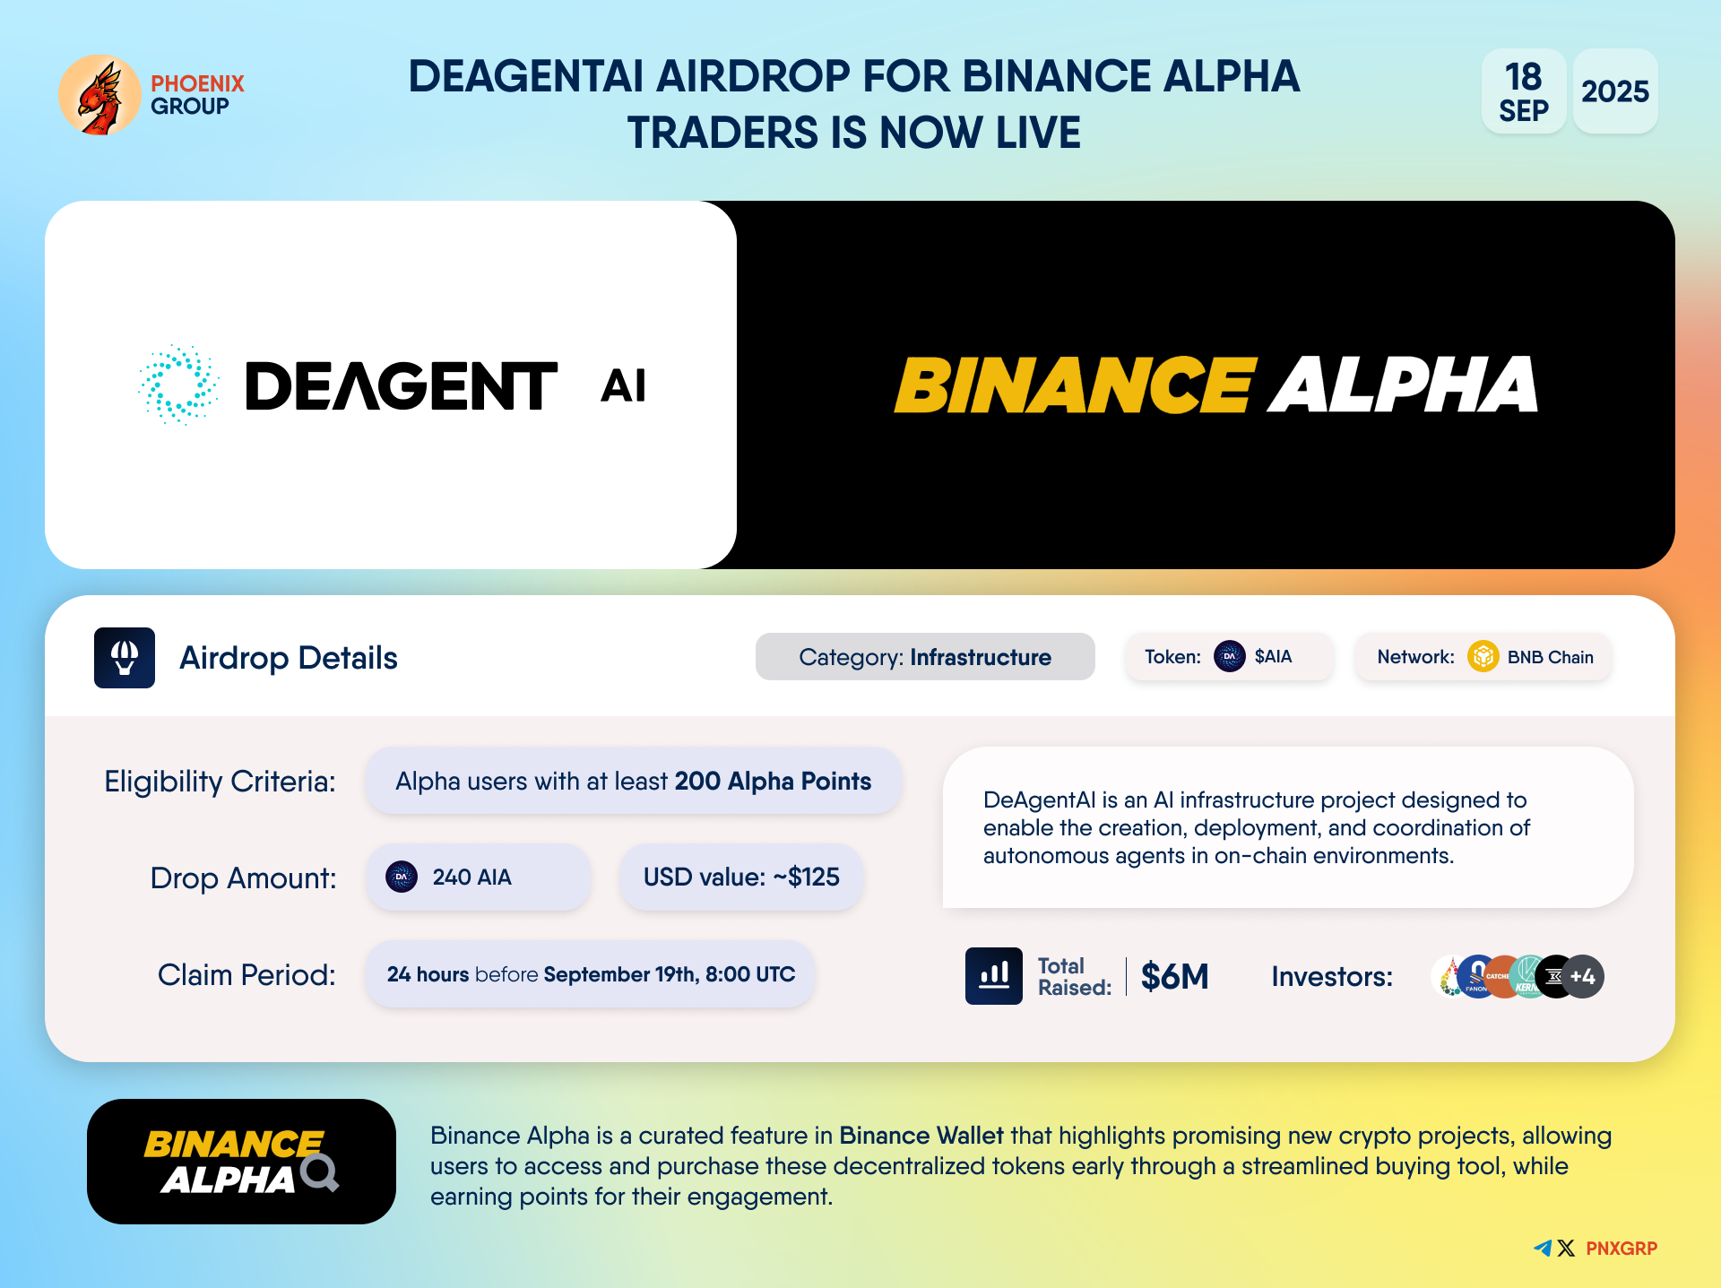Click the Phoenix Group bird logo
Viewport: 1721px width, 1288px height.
(x=99, y=95)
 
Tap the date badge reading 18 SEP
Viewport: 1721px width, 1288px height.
(x=1524, y=91)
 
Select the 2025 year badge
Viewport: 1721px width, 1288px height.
(x=1615, y=91)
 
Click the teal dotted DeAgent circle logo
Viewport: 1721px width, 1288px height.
(x=178, y=385)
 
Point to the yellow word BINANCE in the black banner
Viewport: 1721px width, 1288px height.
(x=1075, y=385)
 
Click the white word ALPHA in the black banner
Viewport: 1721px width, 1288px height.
(x=1404, y=385)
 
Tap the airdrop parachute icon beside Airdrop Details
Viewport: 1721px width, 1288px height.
(x=125, y=658)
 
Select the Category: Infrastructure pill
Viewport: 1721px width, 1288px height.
(x=925, y=657)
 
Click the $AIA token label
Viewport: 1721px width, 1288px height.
(x=1273, y=657)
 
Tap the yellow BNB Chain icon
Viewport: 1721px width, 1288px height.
(x=1483, y=657)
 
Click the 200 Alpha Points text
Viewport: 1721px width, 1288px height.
(x=773, y=782)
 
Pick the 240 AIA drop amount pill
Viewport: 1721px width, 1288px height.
(x=479, y=877)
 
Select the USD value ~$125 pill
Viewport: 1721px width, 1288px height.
(x=741, y=877)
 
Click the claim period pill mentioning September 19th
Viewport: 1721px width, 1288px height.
(x=590, y=974)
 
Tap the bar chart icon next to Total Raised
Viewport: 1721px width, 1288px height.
(x=994, y=976)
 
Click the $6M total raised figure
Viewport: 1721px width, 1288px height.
(x=1175, y=976)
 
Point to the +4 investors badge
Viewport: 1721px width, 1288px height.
(x=1583, y=977)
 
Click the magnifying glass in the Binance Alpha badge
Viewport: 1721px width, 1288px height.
(x=320, y=1172)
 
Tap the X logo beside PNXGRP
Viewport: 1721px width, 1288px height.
(x=1566, y=1249)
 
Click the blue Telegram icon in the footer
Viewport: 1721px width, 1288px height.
(x=1543, y=1248)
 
